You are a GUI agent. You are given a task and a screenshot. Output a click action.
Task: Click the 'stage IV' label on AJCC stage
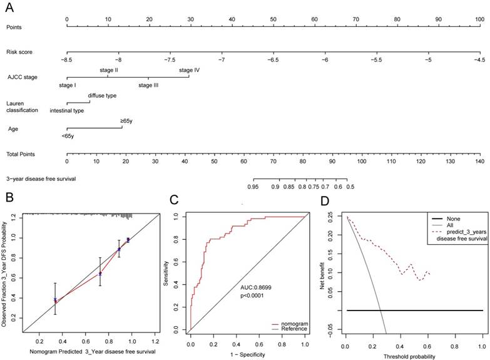[189, 71]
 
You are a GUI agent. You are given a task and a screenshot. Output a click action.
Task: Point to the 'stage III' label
[148, 84]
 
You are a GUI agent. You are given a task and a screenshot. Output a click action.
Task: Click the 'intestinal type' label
[67, 110]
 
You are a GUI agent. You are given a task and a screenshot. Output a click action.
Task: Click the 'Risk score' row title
[20, 52]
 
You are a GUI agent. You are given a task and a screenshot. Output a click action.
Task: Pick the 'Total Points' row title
[21, 153]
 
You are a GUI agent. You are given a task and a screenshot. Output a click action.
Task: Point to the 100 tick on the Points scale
[479, 19]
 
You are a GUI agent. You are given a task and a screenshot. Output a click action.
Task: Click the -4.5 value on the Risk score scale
[479, 59]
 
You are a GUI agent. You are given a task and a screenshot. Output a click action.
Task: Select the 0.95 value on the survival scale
[253, 186]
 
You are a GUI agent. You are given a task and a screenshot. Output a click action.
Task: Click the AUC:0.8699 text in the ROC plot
[259, 287]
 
